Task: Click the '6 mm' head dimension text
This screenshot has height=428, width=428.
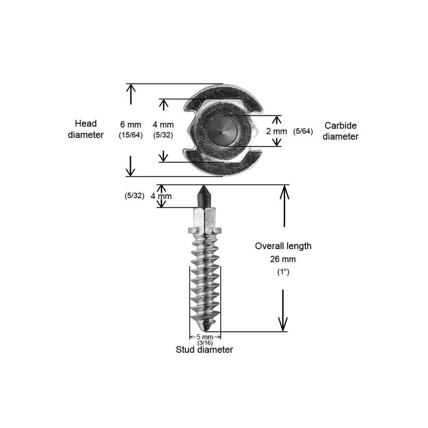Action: pyautogui.click(x=131, y=125)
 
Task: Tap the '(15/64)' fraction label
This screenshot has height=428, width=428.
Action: pyautogui.click(x=131, y=135)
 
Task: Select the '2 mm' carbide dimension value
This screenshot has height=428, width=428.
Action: pyautogui.click(x=276, y=131)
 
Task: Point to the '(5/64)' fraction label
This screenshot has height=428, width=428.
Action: pyautogui.click(x=303, y=131)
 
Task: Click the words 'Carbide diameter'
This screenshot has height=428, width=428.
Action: pyautogui.click(x=341, y=131)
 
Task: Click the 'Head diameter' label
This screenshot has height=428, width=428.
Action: pyautogui.click(x=86, y=129)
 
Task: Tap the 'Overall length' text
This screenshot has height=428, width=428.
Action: pyautogui.click(x=283, y=246)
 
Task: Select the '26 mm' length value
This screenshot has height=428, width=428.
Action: pyautogui.click(x=283, y=259)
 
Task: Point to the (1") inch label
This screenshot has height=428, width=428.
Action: pyautogui.click(x=283, y=272)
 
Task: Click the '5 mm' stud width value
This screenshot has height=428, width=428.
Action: pyautogui.click(x=205, y=337)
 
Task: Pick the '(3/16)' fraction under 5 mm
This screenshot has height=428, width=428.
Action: pyautogui.click(x=205, y=343)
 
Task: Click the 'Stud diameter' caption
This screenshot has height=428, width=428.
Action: pyautogui.click(x=205, y=350)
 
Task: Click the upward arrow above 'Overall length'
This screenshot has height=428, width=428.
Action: pyautogui.click(x=285, y=206)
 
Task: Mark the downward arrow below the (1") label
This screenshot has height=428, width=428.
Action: pyautogui.click(x=283, y=311)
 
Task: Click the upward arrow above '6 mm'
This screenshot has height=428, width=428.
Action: pyautogui.click(x=131, y=94)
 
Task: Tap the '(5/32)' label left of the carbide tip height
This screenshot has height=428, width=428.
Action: pyautogui.click(x=134, y=196)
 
